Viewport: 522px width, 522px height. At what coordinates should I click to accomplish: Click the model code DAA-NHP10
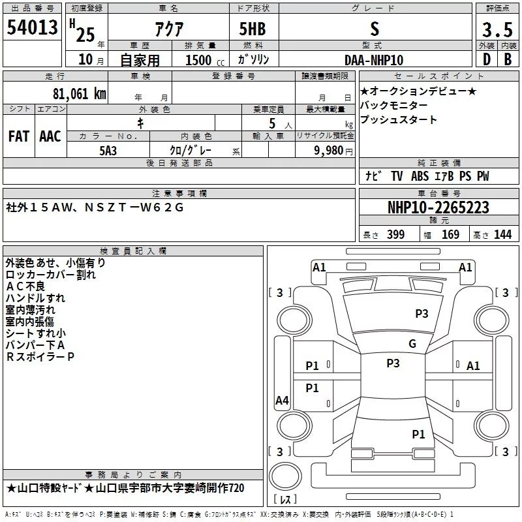[x=374, y=59]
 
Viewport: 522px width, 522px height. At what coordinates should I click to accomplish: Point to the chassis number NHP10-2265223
[x=438, y=208]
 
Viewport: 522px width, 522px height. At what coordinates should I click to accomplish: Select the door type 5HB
[x=253, y=29]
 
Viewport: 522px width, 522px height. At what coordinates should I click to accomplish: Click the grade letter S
[x=374, y=29]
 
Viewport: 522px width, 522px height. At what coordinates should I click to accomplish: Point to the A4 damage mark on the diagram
[x=282, y=401]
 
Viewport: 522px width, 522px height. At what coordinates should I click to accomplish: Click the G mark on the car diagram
[x=412, y=344]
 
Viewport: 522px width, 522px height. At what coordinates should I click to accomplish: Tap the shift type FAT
[x=18, y=136]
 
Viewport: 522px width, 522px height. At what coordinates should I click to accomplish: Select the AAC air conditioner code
[x=50, y=136]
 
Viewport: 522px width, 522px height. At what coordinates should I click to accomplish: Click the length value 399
[x=395, y=235]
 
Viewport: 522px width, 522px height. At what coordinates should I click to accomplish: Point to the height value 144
[x=502, y=235]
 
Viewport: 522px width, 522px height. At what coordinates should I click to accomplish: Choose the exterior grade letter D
[x=485, y=59]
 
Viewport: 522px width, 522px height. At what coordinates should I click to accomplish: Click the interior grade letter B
[x=508, y=59]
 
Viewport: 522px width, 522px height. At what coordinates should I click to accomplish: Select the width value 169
[x=450, y=235]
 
